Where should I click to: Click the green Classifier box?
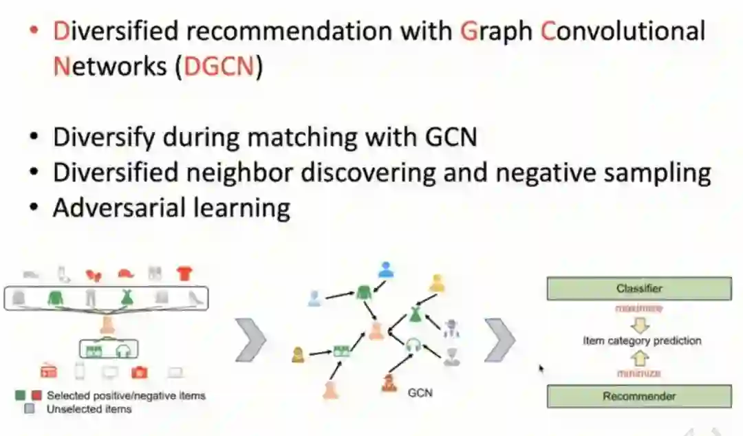[638, 289]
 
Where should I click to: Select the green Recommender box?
[638, 396]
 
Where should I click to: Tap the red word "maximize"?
[640, 309]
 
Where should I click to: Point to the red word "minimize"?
[640, 373]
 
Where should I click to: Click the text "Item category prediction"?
[642, 340]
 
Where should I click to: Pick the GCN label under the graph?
[420, 393]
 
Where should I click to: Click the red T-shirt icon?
[184, 274]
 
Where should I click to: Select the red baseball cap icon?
[125, 274]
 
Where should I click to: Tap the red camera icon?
[139, 373]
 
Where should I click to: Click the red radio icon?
[49, 373]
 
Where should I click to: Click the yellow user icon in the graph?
[436, 283]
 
